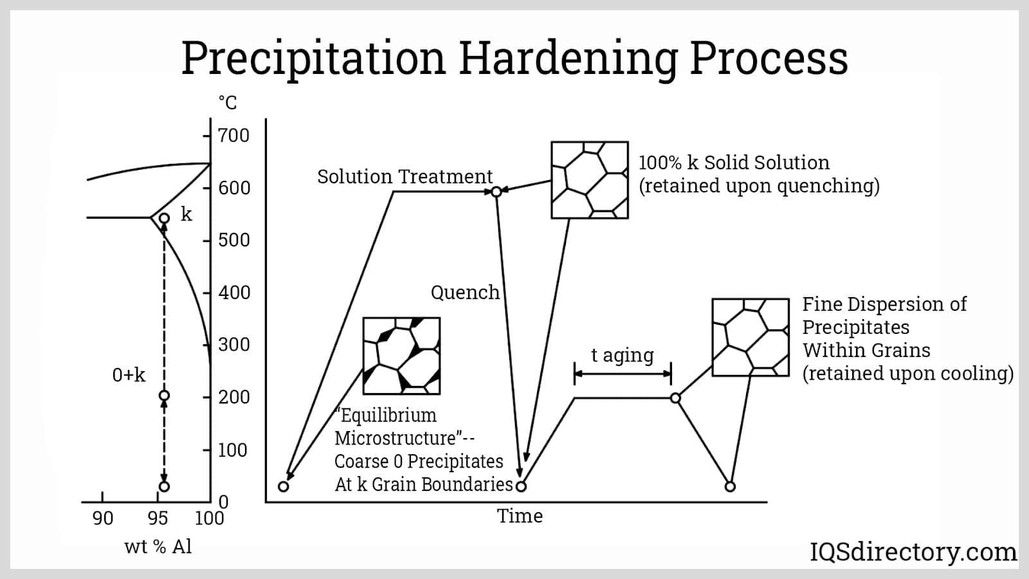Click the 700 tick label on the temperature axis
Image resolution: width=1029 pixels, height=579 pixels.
coord(233,136)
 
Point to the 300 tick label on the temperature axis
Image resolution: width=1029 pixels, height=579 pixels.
coord(233,345)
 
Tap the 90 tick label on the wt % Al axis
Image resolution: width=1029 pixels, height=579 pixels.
coord(102,519)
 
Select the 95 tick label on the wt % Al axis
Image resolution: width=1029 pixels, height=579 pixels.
coord(158,519)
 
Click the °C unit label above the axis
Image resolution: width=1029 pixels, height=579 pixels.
coord(228,102)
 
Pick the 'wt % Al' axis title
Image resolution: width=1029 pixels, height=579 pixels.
coord(158,547)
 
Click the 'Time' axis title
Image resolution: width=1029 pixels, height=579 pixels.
coord(520,516)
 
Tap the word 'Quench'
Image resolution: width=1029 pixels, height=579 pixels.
coord(465,293)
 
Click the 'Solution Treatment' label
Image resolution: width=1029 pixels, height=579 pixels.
coord(405,177)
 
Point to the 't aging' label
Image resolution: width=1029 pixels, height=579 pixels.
coord(622,355)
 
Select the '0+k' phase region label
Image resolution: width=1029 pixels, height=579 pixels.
coord(129,375)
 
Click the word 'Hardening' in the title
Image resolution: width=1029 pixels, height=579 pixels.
coord(567,58)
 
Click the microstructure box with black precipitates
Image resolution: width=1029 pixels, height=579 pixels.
coord(401,356)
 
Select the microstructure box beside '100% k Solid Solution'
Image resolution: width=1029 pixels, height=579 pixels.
coord(589,180)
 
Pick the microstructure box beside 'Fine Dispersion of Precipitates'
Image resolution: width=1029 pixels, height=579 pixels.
coord(750,337)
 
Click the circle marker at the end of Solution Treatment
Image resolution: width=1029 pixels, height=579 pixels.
coord(496,191)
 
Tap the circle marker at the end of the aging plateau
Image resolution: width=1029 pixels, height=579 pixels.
coord(675,398)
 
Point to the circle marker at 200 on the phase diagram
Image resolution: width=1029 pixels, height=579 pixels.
coord(164,396)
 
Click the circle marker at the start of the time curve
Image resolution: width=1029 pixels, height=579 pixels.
coord(283,486)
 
